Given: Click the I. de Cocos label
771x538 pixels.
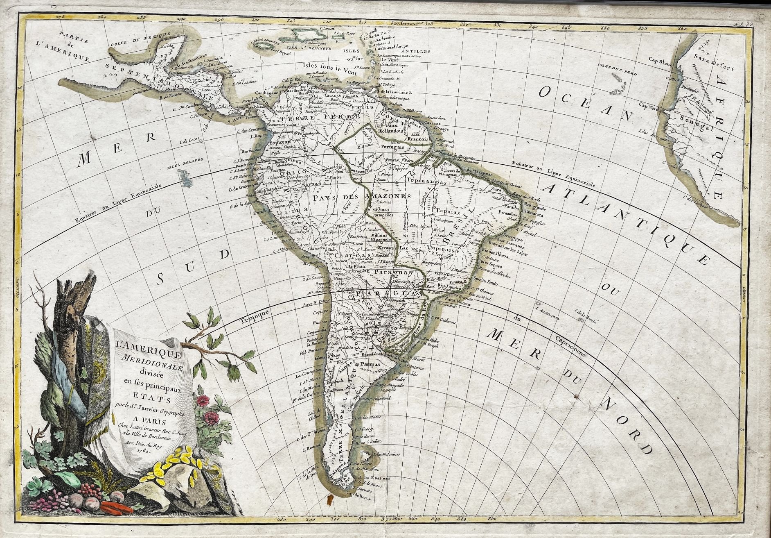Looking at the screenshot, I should pos(189,139).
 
